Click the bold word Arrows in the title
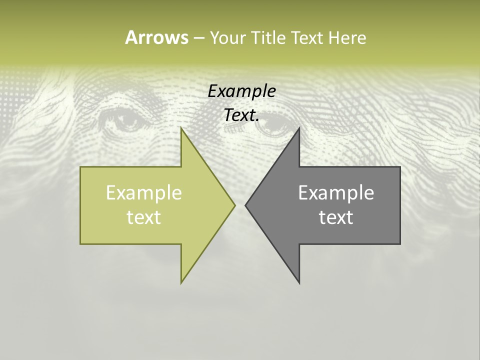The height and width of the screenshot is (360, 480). pyautogui.click(x=156, y=37)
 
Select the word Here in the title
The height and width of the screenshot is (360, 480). pyautogui.click(x=347, y=37)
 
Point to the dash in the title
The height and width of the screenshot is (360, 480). pyautogui.click(x=198, y=38)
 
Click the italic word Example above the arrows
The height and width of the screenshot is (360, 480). pyautogui.click(x=242, y=91)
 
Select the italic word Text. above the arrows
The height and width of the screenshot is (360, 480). pyautogui.click(x=242, y=115)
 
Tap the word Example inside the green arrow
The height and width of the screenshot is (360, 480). pyautogui.click(x=144, y=193)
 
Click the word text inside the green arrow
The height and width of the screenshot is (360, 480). pyautogui.click(x=144, y=217)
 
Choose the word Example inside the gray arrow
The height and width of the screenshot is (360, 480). pyautogui.click(x=336, y=193)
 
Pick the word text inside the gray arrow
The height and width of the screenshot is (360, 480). pyautogui.click(x=336, y=217)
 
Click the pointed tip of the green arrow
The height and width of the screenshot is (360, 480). pyautogui.click(x=234, y=205)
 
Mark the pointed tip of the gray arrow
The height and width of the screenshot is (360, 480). pyautogui.click(x=245, y=205)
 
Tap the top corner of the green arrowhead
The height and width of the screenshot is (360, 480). pyautogui.click(x=181, y=128)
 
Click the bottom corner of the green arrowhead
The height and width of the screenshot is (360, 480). pyautogui.click(x=181, y=282)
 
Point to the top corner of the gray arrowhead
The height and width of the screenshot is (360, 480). pyautogui.click(x=299, y=128)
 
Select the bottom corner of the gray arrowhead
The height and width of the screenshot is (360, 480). pyautogui.click(x=299, y=283)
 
